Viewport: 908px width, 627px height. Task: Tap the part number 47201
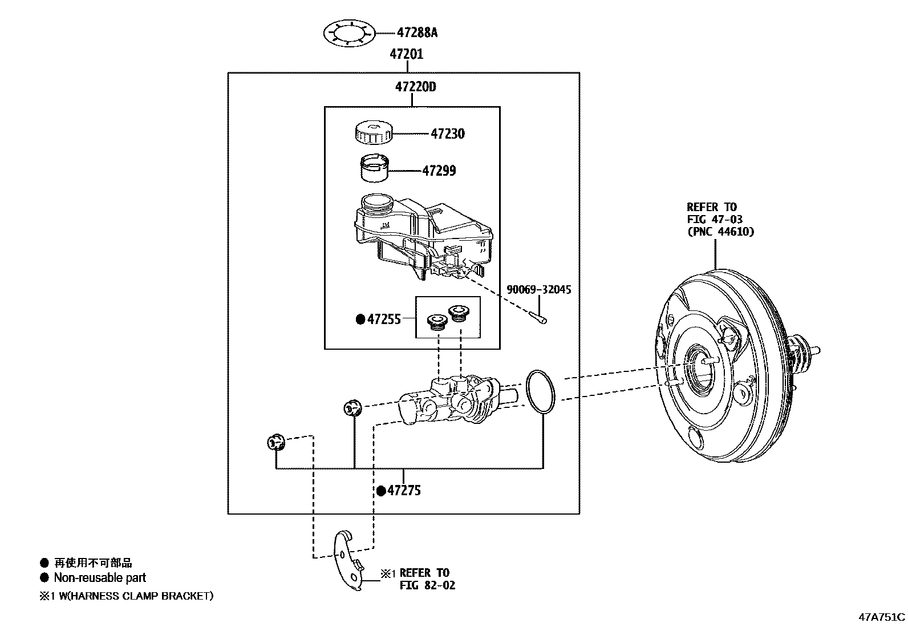407,54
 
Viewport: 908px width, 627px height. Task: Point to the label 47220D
415,87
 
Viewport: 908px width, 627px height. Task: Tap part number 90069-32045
538,290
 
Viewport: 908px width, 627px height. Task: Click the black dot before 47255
360,319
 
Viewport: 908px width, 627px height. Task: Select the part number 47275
404,491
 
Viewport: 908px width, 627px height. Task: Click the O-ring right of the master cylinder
540,392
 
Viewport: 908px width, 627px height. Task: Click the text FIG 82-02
427,585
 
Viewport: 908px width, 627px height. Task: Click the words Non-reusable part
100,577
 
